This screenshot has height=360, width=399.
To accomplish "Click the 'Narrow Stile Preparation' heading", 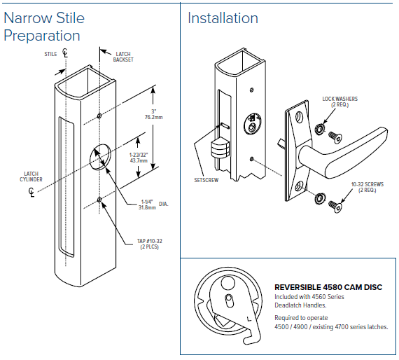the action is pos(44,27).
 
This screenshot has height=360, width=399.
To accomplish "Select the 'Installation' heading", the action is pos(223,18).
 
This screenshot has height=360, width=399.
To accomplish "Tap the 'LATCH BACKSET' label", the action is pos(123,57).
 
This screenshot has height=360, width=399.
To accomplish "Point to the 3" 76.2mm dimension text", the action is pos(154,114).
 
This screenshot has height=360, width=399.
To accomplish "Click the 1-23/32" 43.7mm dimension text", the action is pos(139,158).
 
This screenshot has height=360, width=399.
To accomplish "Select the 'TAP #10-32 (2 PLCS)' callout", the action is pos(150,244).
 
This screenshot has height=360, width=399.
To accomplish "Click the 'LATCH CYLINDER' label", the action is pos(31,176).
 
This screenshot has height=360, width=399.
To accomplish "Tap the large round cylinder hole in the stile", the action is pos(101,156).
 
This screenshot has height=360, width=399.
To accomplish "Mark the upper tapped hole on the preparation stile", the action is pos(99,116).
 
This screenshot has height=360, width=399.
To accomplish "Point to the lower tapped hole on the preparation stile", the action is pos(99,200).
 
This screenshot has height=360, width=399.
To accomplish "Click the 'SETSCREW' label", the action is pos(206,180).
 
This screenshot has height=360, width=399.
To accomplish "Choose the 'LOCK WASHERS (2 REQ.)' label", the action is pos(340,102).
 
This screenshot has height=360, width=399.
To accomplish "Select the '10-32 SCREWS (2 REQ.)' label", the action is pos(367,187).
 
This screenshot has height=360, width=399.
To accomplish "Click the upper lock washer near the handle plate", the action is pos(320,129).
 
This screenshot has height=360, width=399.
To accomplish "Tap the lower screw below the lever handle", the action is pos(335,206).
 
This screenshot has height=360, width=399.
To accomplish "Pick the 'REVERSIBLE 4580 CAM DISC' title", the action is pos(328,287).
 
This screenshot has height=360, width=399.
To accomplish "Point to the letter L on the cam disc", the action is pos(249,319).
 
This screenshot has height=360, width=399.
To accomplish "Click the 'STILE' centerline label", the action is pos(50,54).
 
